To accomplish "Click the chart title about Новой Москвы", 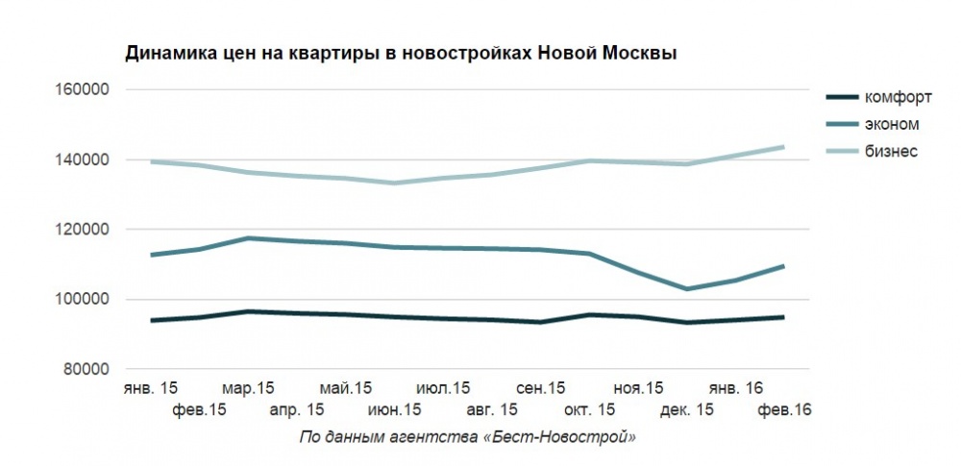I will click(402, 53).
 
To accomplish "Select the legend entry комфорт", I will click(898, 97).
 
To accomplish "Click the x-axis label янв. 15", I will click(151, 388).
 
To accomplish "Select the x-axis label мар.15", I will click(248, 388).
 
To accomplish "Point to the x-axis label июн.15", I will click(394, 410).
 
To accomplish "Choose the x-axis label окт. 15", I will click(589, 410).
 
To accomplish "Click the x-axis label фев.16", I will click(784, 410).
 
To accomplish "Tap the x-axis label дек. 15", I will click(686, 410).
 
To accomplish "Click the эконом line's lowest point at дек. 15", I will click(686, 289).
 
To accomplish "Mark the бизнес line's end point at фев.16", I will click(783, 147).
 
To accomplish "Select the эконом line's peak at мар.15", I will click(248, 237).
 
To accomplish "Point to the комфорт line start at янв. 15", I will click(152, 320).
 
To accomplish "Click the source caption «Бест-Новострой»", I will click(468, 437).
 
